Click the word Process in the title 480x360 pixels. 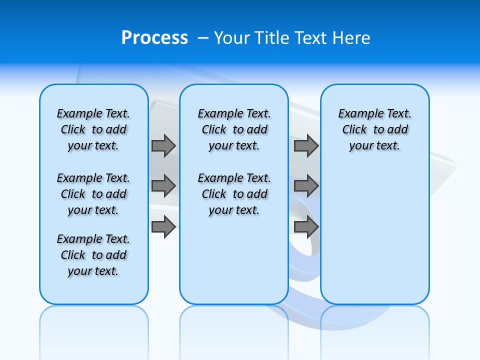click(154, 38)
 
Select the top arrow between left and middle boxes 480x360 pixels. click(163, 145)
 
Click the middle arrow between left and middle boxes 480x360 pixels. click(163, 186)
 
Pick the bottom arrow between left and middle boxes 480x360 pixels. click(163, 227)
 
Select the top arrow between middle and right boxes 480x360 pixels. click(306, 145)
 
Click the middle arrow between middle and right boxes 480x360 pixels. click(306, 186)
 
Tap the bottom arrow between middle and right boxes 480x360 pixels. click(306, 227)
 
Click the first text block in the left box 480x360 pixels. click(93, 129)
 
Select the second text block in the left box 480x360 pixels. click(93, 194)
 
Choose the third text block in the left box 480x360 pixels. click(93, 255)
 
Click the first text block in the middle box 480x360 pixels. click(234, 129)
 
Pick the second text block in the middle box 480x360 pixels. click(234, 194)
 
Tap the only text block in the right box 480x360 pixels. click(375, 129)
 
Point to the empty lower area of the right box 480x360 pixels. click(375, 240)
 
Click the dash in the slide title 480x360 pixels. click(203, 38)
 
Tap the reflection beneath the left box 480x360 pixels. click(93, 325)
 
